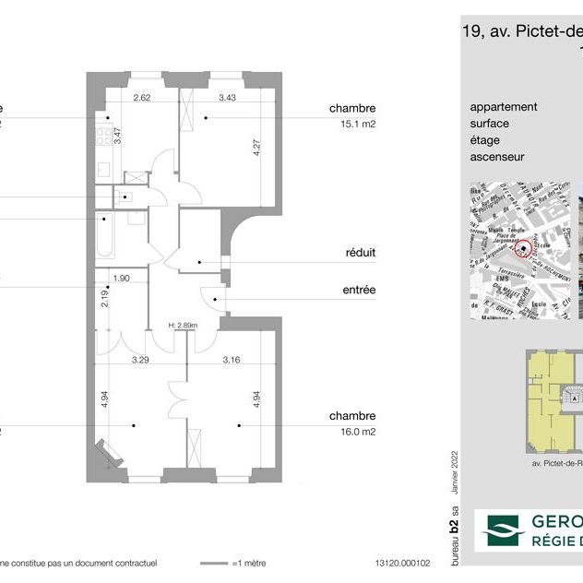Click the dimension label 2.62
[x=141, y=97]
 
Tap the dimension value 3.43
[x=227, y=97]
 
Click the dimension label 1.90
[x=121, y=278]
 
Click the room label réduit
[x=360, y=252]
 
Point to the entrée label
[x=359, y=290]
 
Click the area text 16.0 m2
[x=355, y=431]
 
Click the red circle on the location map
[x=523, y=248]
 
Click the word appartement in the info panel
[x=504, y=107]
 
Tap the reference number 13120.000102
[x=402, y=562]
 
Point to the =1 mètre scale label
[x=254, y=562]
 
